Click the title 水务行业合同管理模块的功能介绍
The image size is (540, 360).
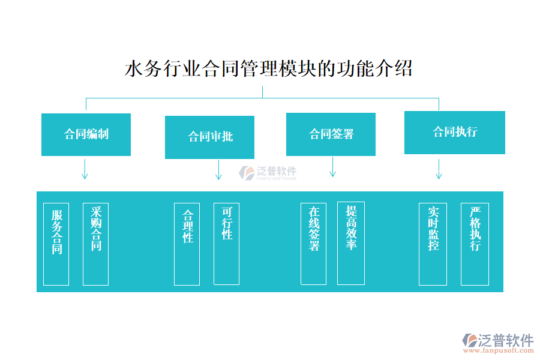[x=268, y=68]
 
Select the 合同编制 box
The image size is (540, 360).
[x=86, y=134]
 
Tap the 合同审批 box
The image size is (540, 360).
[x=209, y=137]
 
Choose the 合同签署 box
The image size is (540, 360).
[x=331, y=134]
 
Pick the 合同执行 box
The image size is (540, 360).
[x=454, y=132]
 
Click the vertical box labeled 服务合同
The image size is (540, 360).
[x=56, y=244]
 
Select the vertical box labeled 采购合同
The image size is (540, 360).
[x=95, y=244]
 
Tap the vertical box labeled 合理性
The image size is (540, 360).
[x=187, y=244]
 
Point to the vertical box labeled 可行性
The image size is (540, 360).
[x=226, y=244]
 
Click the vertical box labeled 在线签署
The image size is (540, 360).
[x=313, y=244]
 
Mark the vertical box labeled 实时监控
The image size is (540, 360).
[x=433, y=244]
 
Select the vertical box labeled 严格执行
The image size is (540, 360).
[x=475, y=244]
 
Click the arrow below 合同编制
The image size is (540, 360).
[x=85, y=169]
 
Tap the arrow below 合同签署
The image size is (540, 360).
[x=332, y=167]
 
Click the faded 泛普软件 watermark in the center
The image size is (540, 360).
[x=268, y=173]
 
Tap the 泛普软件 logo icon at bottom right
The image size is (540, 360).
[x=469, y=340]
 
